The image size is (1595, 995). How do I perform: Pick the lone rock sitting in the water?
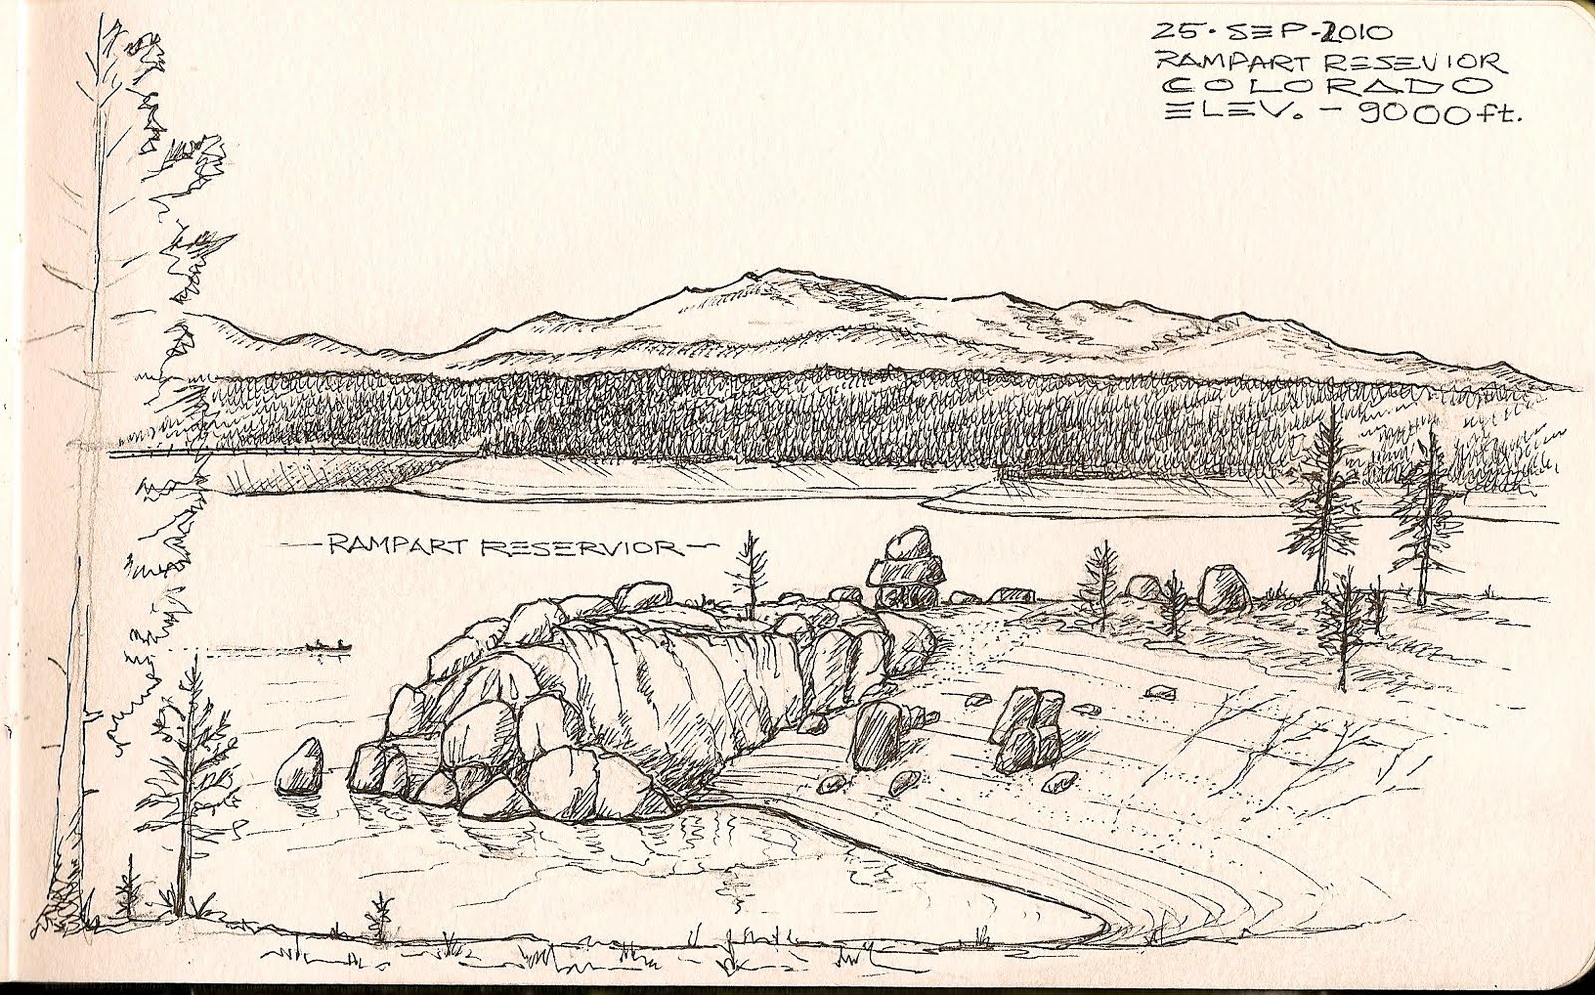pos(300,765)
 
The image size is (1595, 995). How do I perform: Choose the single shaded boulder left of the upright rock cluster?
pos(877,736)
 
